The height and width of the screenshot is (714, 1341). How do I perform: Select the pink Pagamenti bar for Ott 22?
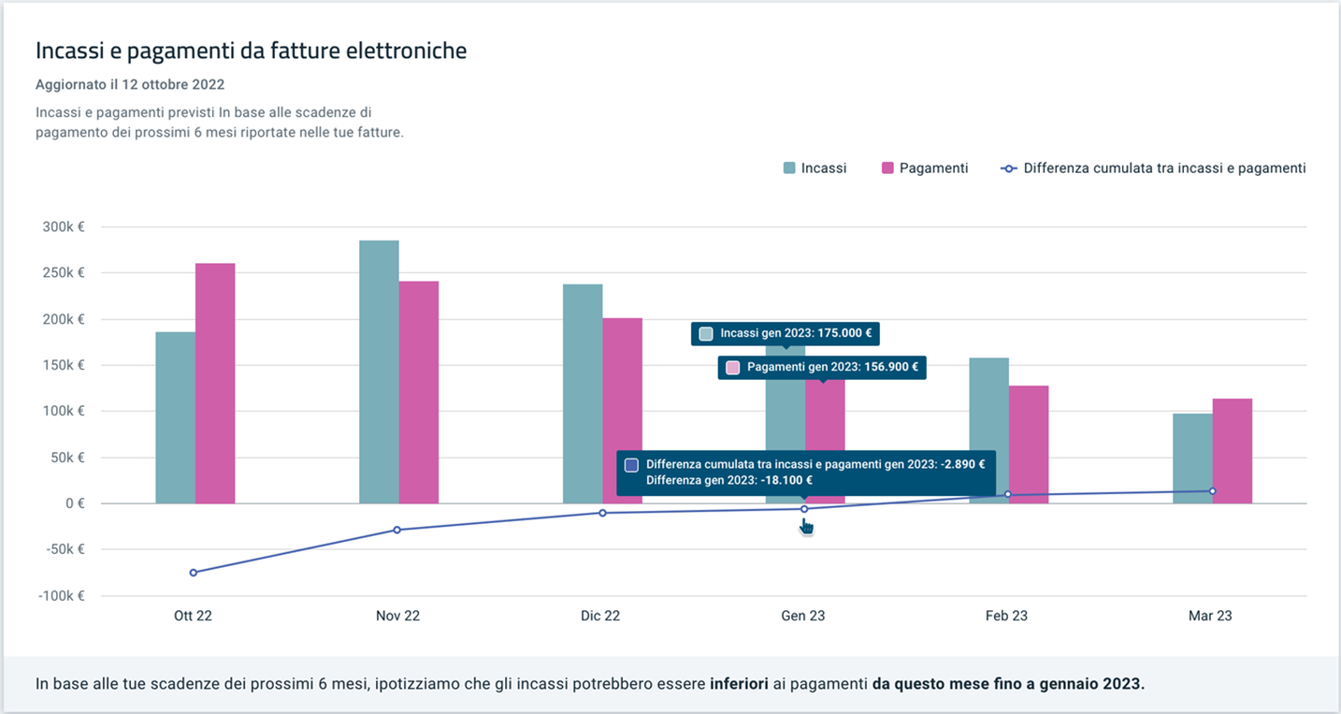[215, 383]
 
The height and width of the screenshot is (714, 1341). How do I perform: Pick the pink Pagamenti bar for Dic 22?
[622, 411]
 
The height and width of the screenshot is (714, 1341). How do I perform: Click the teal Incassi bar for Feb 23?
[988, 430]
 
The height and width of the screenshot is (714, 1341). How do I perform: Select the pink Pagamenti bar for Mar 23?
[1232, 451]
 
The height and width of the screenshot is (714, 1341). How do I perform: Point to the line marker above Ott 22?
[194, 573]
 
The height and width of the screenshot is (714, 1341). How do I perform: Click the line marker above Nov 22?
[397, 530]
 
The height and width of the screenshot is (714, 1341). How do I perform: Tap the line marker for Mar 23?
[1212, 491]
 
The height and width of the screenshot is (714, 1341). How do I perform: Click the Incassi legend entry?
[815, 168]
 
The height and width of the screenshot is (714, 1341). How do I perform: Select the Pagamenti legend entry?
[924, 168]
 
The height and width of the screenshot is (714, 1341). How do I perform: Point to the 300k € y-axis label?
[64, 226]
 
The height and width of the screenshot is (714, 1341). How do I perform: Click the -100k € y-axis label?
[62, 596]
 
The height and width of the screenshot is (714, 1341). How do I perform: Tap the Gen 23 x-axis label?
[802, 616]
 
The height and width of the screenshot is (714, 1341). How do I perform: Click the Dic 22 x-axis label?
[599, 616]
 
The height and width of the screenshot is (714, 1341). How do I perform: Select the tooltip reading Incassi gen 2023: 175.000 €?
[786, 333]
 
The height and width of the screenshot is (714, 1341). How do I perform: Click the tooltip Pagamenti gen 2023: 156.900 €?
[822, 367]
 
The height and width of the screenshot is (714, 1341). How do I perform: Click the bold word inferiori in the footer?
[739, 684]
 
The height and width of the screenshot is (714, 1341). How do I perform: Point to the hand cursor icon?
[806, 527]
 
